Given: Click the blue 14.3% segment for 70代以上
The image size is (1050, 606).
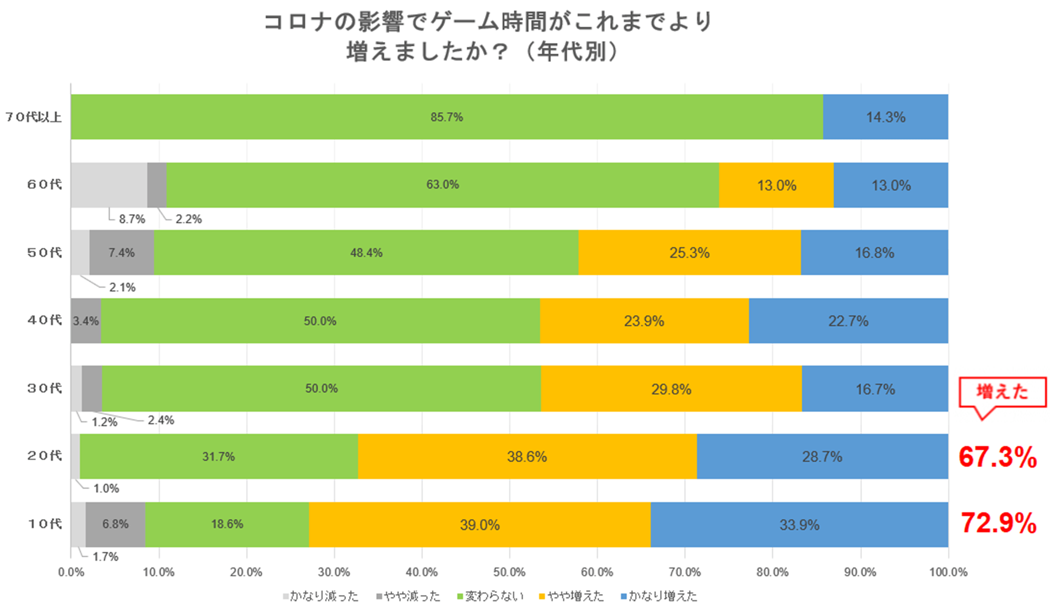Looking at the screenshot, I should click(885, 117).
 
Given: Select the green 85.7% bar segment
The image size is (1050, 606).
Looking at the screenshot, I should click(446, 117).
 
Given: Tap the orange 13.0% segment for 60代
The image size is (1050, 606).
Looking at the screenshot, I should click(776, 185).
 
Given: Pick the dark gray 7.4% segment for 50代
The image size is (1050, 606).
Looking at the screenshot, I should click(121, 253).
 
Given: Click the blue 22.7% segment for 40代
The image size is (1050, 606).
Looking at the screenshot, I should click(848, 321).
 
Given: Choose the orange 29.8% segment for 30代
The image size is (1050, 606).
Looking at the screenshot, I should click(671, 389).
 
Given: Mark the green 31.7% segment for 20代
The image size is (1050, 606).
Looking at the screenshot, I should click(218, 457).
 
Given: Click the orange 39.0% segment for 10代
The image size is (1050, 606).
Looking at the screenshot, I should click(479, 525).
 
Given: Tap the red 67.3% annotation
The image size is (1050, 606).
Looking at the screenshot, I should click(997, 457).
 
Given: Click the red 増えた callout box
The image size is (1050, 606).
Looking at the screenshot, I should click(1002, 392).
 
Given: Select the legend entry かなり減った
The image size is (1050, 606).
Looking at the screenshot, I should click(320, 596).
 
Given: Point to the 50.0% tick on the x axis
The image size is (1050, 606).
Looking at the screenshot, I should click(509, 572).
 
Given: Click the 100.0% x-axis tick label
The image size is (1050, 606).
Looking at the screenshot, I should click(948, 572).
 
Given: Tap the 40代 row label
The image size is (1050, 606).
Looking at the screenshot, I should click(44, 320).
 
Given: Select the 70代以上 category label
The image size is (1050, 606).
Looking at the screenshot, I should click(33, 117).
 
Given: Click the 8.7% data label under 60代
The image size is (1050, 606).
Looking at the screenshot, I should click(132, 219).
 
